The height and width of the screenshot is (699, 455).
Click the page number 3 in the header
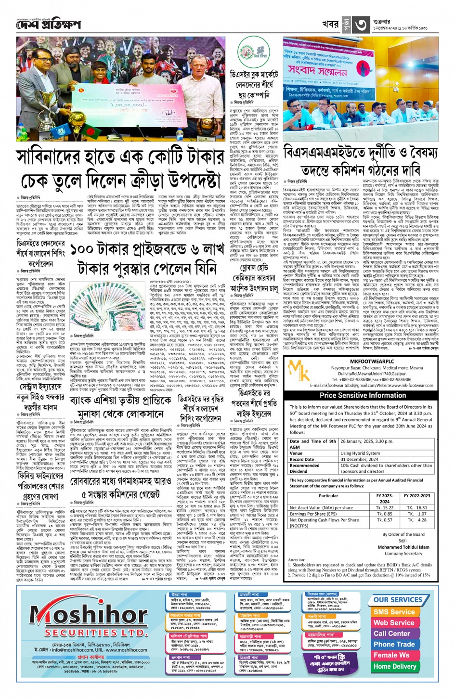click(x=361, y=24)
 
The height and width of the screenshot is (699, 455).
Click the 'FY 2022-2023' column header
click(x=417, y=495)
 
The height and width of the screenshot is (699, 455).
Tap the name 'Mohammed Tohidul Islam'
click(x=403, y=547)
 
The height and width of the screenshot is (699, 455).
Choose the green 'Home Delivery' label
click(x=394, y=666)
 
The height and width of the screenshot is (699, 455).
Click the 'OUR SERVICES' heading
click(x=397, y=600)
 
